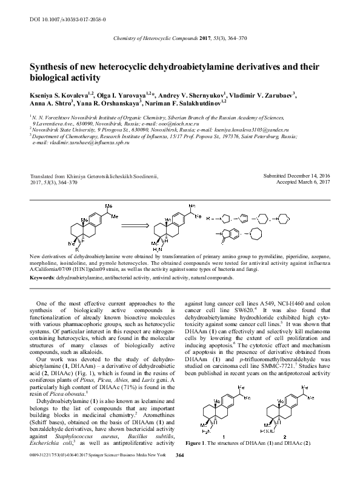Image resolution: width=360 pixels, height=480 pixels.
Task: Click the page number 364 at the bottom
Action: click(179, 471)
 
